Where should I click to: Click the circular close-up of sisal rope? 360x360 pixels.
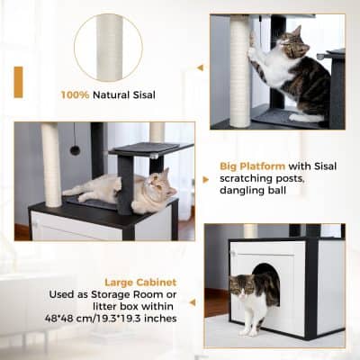tap(107, 47)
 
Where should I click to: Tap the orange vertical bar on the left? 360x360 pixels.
tap(18, 82)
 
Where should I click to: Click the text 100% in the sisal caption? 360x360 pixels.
tap(75, 94)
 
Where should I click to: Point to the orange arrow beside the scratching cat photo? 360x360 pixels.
tap(199, 67)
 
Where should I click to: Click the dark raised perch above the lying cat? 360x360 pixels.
tap(157, 148)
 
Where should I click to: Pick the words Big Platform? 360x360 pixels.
tap(252, 166)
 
